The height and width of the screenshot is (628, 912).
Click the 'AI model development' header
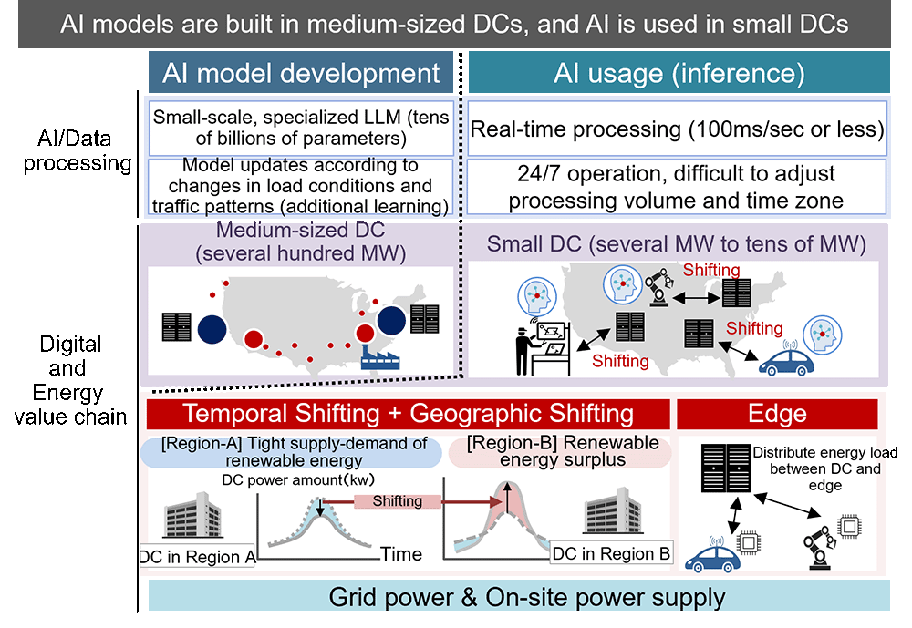point(301,73)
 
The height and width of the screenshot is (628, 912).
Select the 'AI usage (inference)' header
point(679,73)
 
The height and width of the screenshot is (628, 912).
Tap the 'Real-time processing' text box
point(678,129)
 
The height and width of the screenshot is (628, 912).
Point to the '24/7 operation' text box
point(678,186)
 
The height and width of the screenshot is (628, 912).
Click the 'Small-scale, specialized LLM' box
point(301,128)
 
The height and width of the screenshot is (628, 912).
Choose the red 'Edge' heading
point(777,413)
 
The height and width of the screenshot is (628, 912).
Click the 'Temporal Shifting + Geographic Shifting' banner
point(409,413)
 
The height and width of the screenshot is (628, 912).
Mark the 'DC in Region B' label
point(612,553)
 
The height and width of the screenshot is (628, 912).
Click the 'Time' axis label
point(401,553)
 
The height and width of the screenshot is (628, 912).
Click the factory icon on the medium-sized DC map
point(383,353)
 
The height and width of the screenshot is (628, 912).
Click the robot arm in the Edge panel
point(820,546)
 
